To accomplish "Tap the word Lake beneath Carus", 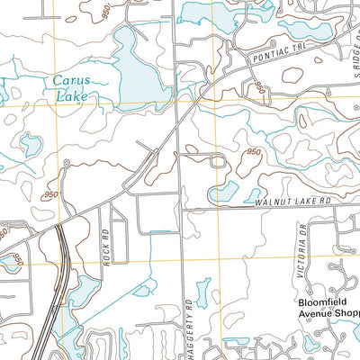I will pos(71,96).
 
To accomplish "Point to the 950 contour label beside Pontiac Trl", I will pos(260,87).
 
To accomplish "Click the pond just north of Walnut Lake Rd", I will pos(225,191).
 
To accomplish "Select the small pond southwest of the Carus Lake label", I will pos(31,144).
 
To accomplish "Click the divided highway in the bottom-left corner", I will pos(52,297).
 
